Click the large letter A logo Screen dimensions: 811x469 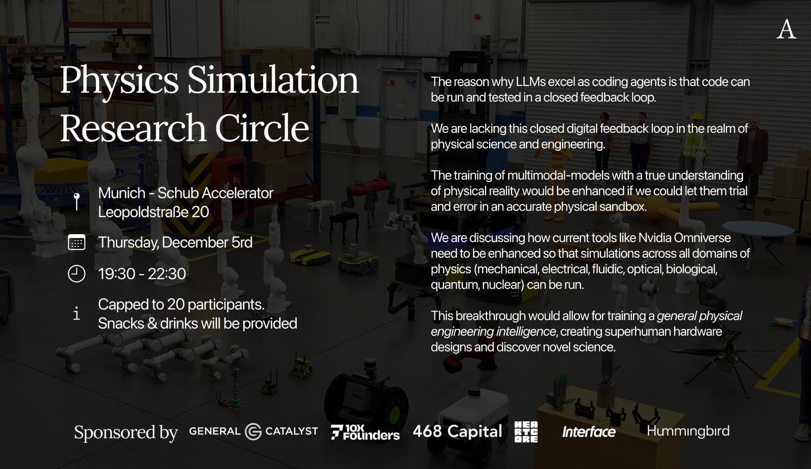786,29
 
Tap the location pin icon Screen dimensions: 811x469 77,201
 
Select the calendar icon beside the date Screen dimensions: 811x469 77,242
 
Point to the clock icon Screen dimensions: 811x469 77,273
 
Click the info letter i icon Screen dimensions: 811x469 77,313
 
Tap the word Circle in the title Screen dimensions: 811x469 262,128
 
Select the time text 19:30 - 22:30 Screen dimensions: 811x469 142,274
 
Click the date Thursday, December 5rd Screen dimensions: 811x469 175,243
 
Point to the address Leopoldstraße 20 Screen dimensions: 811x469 154,212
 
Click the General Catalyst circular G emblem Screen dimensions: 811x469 253,432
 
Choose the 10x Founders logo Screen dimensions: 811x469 365,432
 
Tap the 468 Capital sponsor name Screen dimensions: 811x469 457,432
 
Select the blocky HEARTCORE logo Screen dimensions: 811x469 526,432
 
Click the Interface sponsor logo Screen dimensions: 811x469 588,432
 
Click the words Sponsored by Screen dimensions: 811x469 126,433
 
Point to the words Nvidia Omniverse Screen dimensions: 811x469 684,238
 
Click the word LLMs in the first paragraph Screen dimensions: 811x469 530,82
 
